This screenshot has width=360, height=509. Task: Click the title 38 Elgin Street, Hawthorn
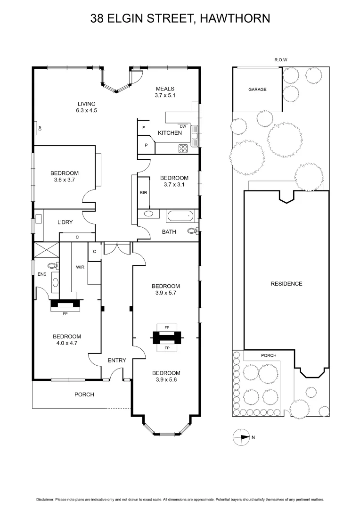pos(180,19)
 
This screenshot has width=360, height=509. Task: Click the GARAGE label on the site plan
pos(257,90)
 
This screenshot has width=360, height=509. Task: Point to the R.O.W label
pos(281,60)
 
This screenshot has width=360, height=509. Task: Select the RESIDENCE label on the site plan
pos(286,284)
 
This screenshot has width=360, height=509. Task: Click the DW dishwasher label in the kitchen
pos(183,126)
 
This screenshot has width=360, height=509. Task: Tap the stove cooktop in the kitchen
pos(183,148)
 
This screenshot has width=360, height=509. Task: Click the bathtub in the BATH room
pos(180,216)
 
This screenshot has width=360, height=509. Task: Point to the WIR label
pos(80,267)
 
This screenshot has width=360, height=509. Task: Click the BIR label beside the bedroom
pos(143,193)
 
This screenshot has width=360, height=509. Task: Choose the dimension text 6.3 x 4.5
pos(87,110)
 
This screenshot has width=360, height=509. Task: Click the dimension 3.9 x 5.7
pos(165,293)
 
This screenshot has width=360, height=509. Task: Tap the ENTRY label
pos(117,361)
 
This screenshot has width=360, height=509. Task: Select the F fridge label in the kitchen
pos(143,128)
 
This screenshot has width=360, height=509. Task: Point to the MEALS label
pos(165,89)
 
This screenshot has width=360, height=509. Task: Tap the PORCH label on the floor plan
pos(85,394)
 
